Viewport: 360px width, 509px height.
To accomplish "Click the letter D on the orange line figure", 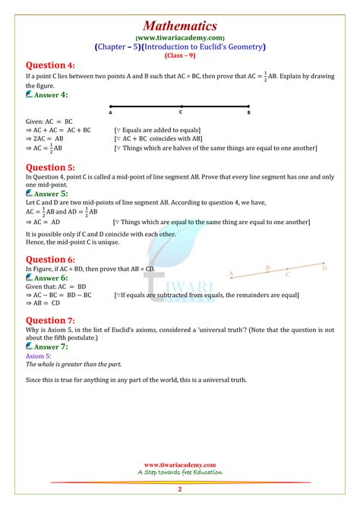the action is tap(324, 267).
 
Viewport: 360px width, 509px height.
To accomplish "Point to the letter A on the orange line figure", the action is tap(231, 273).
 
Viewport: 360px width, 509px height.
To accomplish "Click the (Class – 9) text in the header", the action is tap(180, 55).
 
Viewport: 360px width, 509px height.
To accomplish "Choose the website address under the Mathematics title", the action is tap(180, 36).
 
